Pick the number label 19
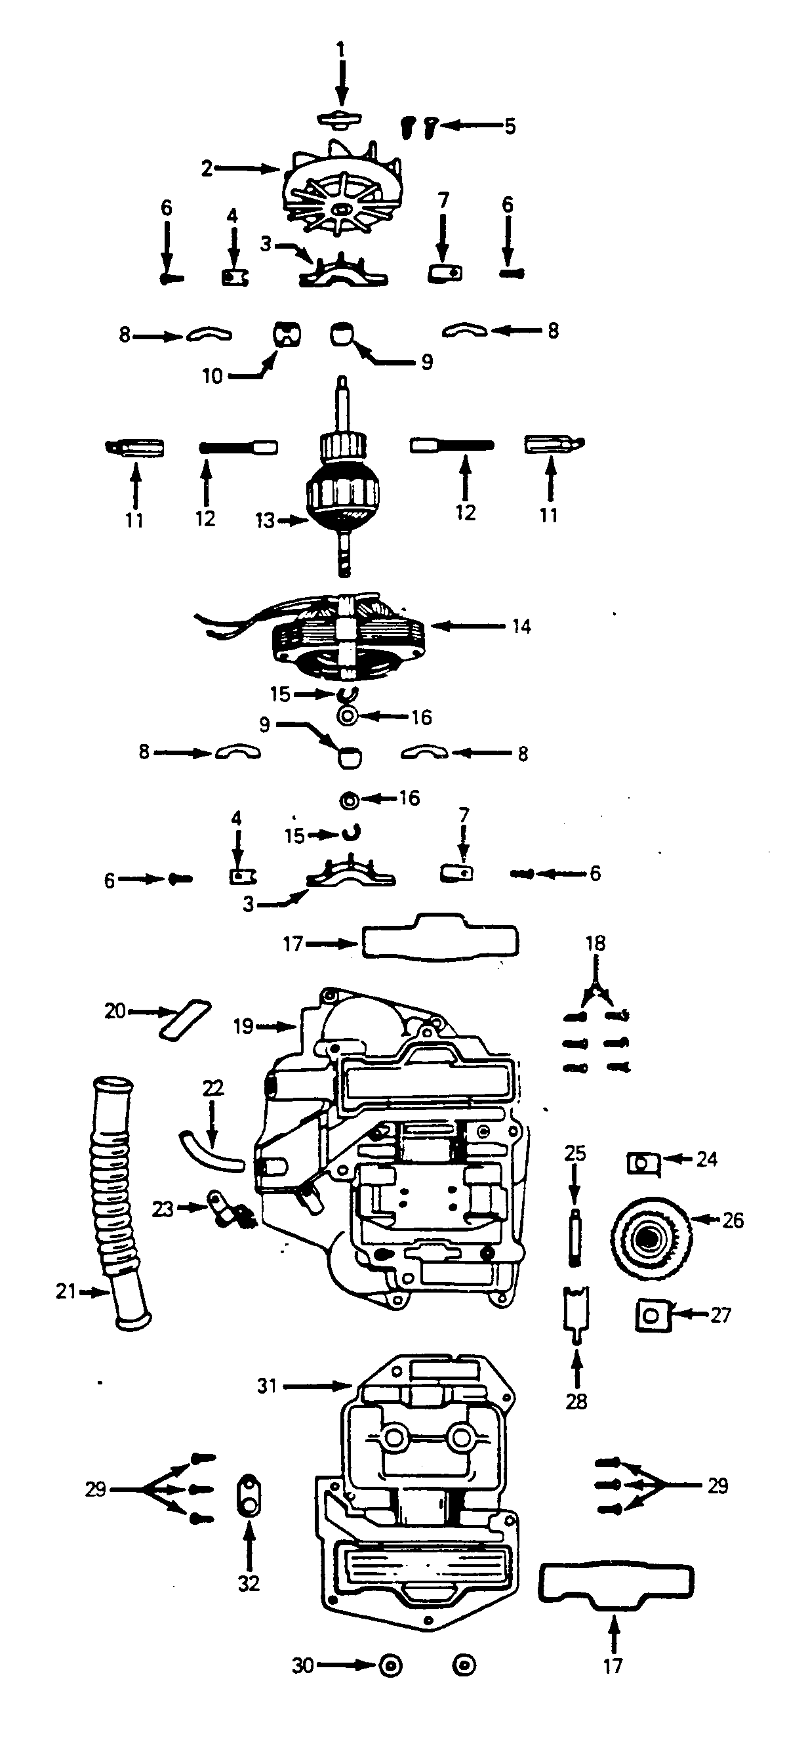243,1026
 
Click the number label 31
268,1386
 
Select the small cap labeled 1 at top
340,119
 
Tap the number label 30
302,1665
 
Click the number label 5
510,126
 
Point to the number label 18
595,943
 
